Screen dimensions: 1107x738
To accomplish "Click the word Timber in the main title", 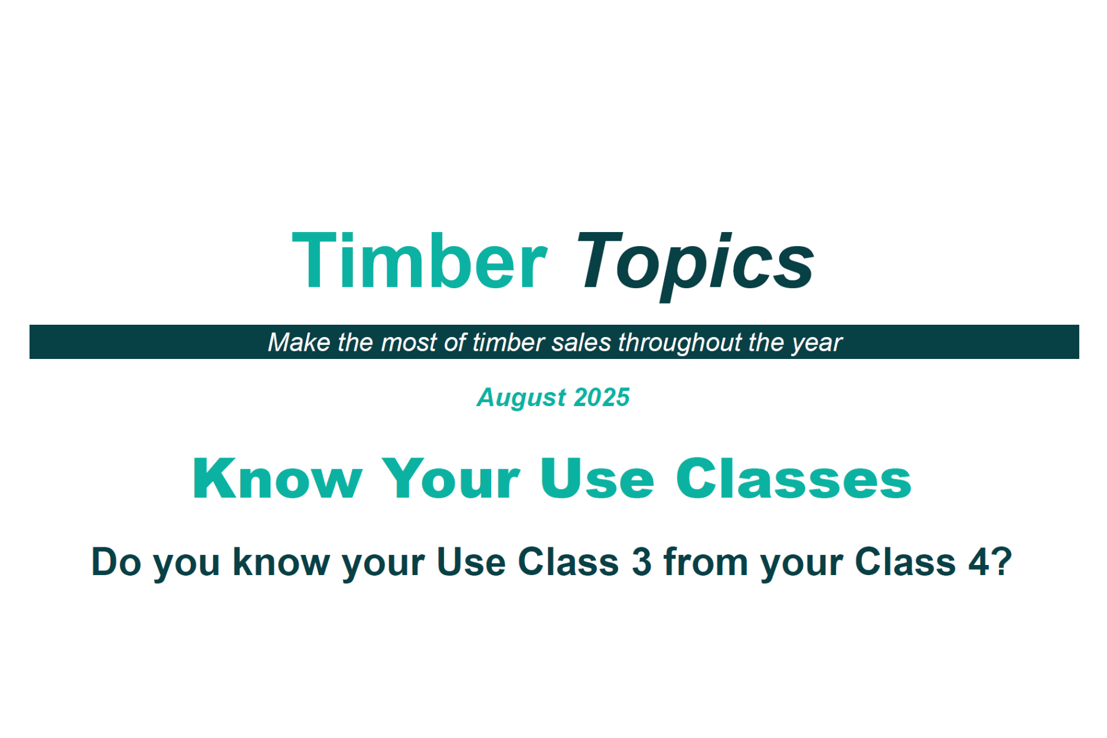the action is click(x=420, y=260).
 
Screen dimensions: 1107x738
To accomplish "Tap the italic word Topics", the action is click(x=695, y=266).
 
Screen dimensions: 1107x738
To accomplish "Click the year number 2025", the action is click(x=602, y=397).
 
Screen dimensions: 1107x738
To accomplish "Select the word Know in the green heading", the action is click(x=277, y=479).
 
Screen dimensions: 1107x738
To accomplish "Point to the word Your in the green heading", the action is click(x=451, y=479).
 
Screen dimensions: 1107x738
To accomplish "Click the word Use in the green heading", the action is click(x=597, y=479).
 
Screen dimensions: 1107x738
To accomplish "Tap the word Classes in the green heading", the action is click(x=793, y=479).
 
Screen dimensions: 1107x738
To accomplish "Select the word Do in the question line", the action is click(x=116, y=561).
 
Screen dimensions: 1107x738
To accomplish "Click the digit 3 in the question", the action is click(x=641, y=561).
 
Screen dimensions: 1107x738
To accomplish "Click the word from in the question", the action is click(x=706, y=561).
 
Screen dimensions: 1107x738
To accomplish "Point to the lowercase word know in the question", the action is click(x=281, y=561).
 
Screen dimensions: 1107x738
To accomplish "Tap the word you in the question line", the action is click(x=187, y=566).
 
